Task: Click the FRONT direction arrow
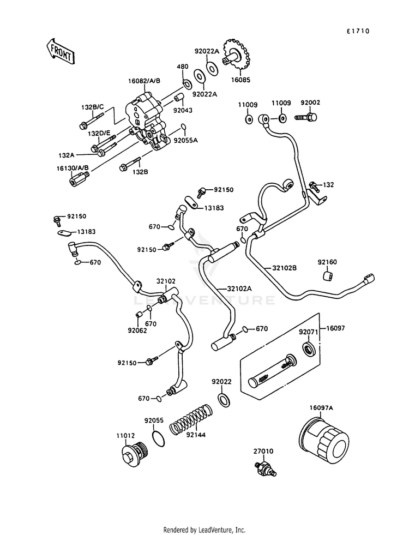pyautogui.click(x=60, y=51)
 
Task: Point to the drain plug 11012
pyautogui.click(x=135, y=454)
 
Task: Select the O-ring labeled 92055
pyautogui.click(x=158, y=438)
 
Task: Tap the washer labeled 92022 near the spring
pyautogui.click(x=223, y=400)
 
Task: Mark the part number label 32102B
pyautogui.click(x=284, y=268)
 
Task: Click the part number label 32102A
pyautogui.click(x=239, y=288)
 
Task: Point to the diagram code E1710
pyautogui.click(x=358, y=31)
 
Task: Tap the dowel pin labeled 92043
pyautogui.click(x=179, y=97)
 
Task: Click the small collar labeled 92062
pyautogui.click(x=139, y=314)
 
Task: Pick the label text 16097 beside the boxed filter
pyautogui.click(x=336, y=328)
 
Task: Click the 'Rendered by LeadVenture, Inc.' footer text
pyautogui.click(x=204, y=530)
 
